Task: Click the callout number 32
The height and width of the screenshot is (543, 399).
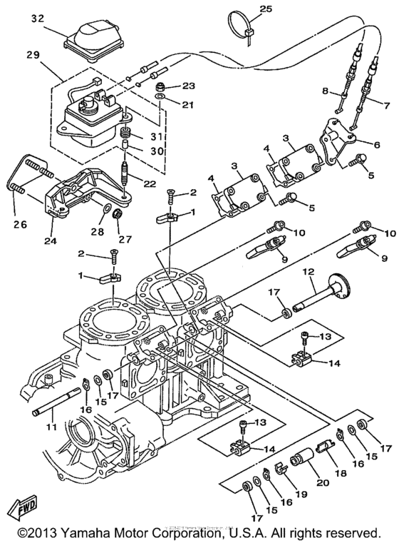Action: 36,19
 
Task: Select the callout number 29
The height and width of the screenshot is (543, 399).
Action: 31,54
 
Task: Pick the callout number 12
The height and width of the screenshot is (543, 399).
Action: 309,273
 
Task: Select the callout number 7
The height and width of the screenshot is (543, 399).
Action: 386,108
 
